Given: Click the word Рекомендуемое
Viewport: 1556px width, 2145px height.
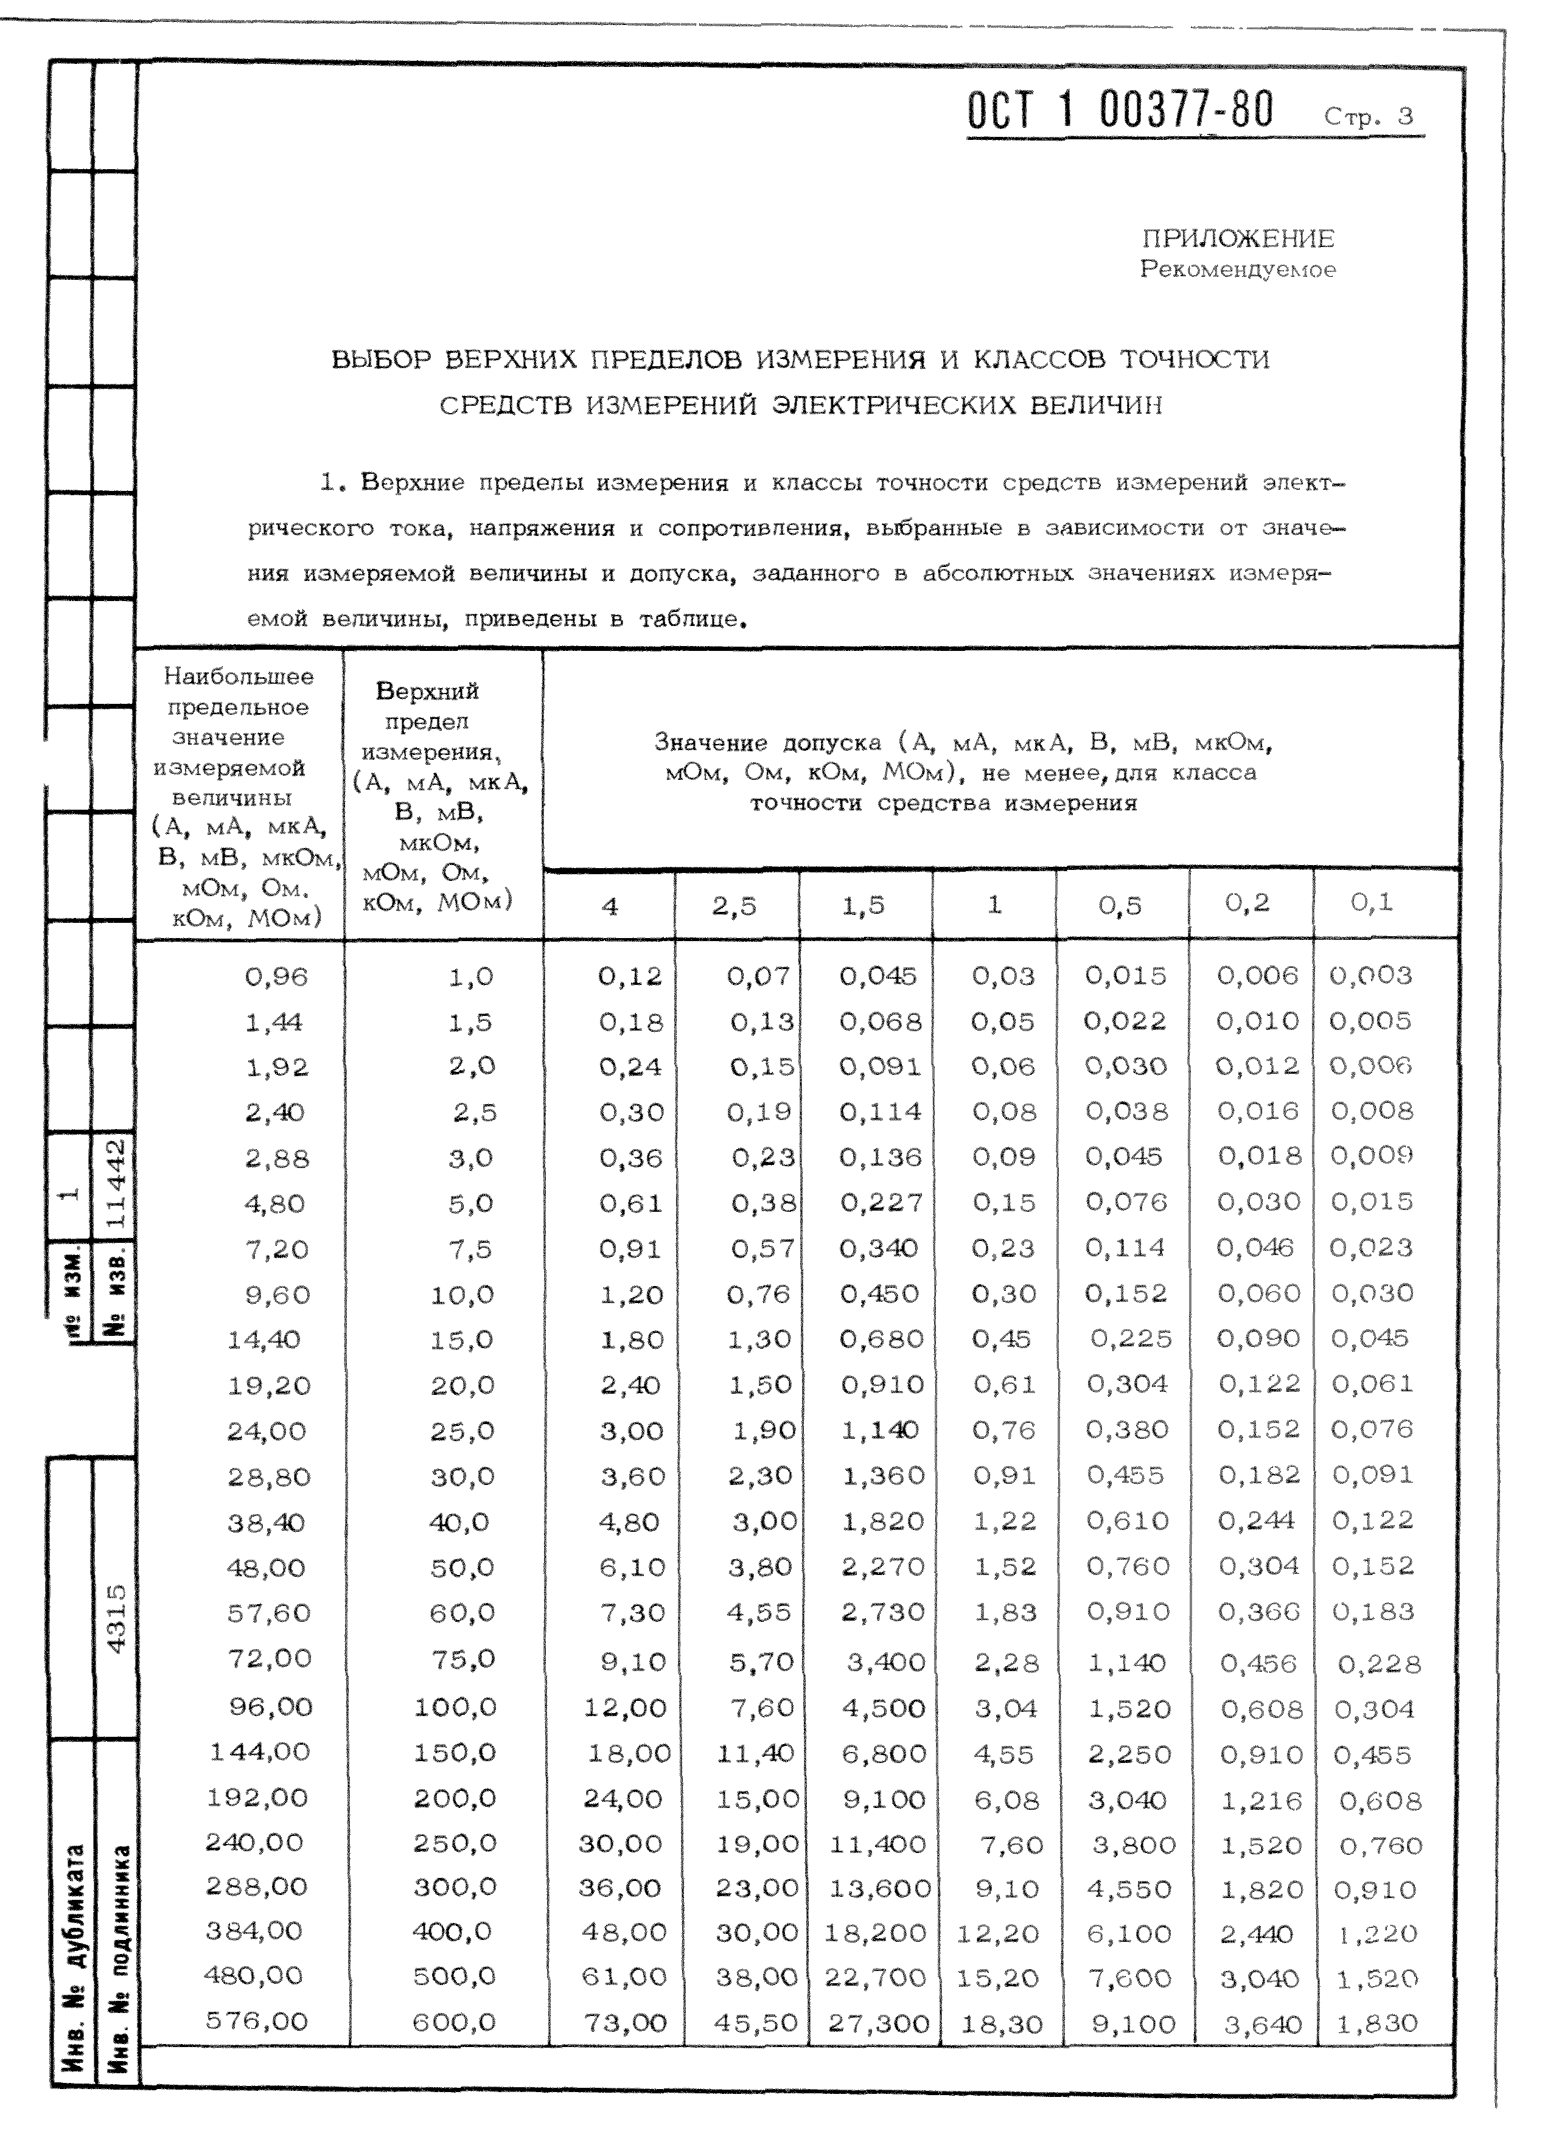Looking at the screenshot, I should point(1237,269).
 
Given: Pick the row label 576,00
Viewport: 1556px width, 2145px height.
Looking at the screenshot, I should point(256,2021).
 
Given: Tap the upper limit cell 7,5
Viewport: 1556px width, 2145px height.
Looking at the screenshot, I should point(470,1250).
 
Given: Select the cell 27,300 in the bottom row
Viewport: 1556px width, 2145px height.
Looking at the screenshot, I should point(879,2023).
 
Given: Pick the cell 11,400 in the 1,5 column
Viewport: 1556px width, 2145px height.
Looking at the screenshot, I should point(877,1845).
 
